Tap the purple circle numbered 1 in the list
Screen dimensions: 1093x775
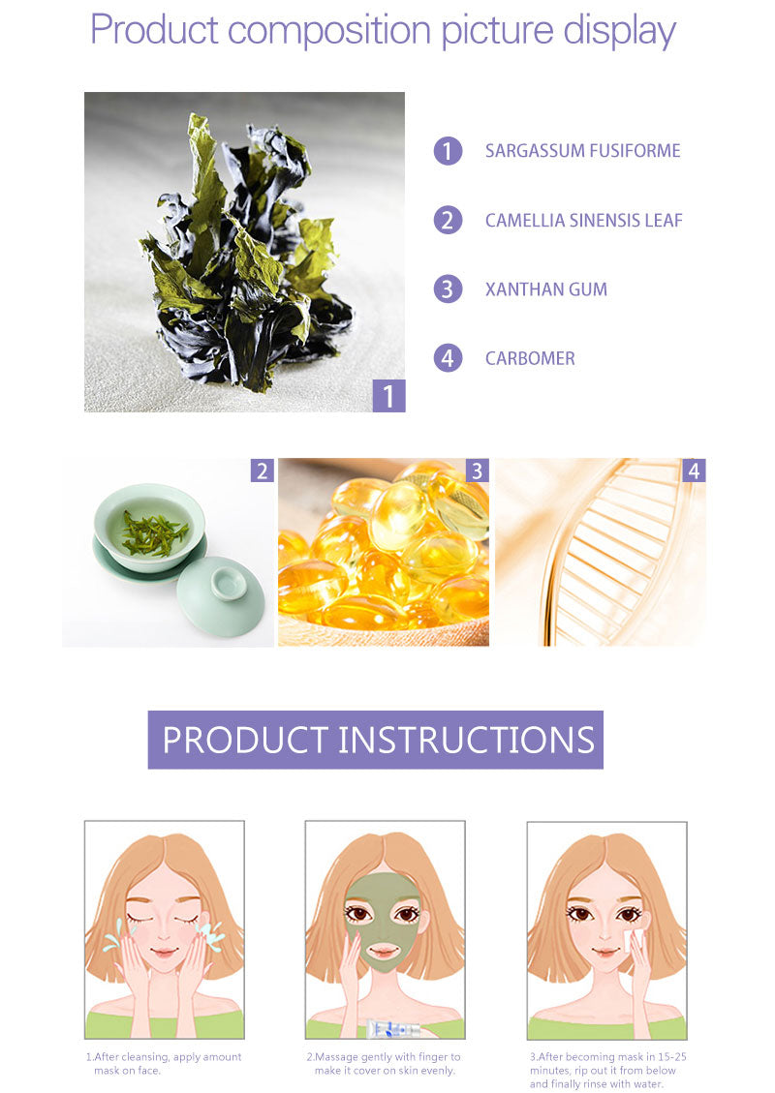pos(448,151)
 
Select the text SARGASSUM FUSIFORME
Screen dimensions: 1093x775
pos(582,151)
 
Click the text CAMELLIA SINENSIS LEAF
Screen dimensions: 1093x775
pos(583,221)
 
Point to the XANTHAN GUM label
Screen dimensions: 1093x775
pos(545,289)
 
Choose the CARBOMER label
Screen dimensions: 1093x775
pos(530,358)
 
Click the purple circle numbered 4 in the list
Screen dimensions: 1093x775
pos(448,358)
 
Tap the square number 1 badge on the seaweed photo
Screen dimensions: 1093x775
pos(388,396)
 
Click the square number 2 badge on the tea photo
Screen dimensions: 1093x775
pos(262,471)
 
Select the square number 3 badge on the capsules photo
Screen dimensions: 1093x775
pos(477,471)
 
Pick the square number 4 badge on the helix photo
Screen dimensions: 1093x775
pos(694,471)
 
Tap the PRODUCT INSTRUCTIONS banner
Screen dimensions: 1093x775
pos(376,740)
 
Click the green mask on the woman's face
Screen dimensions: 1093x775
pos(384,920)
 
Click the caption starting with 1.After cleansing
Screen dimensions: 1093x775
pos(164,1063)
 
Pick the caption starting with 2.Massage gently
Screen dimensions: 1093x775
pos(384,1063)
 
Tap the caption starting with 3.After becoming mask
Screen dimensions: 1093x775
pos(607,1070)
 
